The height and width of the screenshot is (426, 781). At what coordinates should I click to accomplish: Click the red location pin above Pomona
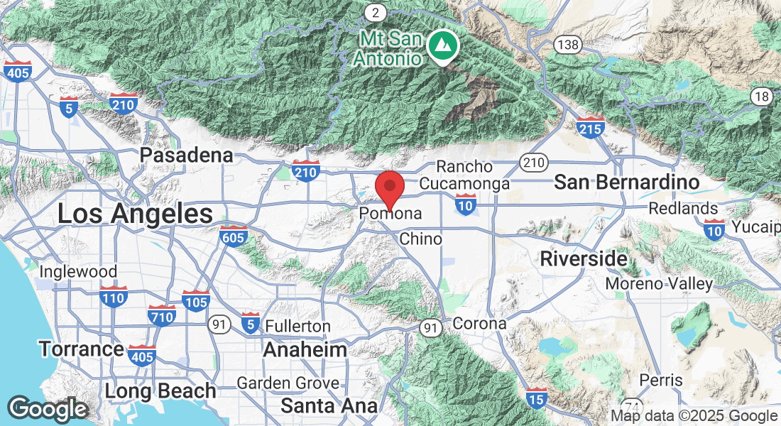(390, 187)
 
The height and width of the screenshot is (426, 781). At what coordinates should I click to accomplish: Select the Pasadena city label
(186, 155)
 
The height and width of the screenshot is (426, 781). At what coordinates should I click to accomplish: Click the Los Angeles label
(135, 213)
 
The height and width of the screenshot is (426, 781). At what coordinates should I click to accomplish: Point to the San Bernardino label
(627, 182)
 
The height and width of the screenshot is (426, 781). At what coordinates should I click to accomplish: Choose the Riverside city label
(584, 258)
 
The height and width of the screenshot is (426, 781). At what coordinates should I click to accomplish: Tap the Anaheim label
(305, 349)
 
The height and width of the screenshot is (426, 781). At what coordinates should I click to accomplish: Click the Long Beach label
(160, 390)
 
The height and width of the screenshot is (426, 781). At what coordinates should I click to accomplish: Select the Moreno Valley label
(659, 284)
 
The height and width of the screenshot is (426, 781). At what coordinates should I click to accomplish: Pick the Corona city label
(479, 324)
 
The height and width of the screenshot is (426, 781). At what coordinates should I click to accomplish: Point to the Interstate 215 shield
(590, 128)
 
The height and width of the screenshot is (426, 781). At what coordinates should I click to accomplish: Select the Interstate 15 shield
(537, 400)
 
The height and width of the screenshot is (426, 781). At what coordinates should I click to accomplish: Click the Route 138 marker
(568, 45)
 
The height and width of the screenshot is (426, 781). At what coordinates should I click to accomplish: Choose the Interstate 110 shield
(113, 297)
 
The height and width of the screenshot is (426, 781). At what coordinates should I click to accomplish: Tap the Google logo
(48, 410)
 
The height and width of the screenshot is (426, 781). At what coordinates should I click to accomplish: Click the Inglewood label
(78, 271)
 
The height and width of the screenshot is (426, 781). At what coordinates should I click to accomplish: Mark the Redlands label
(683, 209)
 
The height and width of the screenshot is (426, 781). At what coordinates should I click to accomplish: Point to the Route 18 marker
(762, 97)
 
